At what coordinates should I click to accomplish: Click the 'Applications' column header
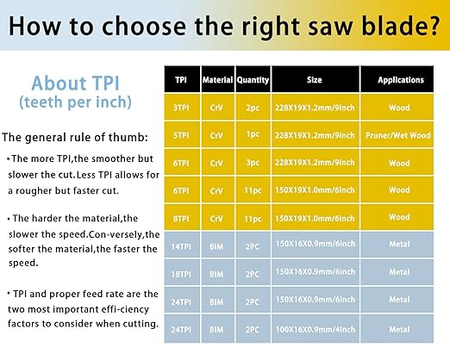pos(401,80)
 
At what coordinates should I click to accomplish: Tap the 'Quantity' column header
pos(253,80)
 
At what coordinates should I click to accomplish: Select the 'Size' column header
pos(314,79)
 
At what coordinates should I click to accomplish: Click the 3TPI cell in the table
pos(181,108)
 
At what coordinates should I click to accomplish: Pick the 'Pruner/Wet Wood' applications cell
pos(398,135)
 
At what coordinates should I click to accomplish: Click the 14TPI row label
pos(181,246)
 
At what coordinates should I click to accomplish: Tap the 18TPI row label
pos(181,274)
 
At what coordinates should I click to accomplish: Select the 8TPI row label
pos(181,219)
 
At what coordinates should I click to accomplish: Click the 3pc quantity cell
pos(253,163)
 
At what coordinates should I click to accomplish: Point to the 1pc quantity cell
pos(253,134)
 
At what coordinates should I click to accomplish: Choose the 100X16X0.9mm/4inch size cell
pos(316,329)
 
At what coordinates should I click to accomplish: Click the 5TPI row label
pos(181,135)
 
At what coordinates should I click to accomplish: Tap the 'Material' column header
pos(217,79)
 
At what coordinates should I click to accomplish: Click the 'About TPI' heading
pos(75,83)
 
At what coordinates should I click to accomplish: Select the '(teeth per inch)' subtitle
pos(75,102)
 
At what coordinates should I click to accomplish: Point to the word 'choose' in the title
pos(144,26)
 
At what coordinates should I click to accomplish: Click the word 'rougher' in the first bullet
pos(34,191)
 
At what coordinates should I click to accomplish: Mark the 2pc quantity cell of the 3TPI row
pos(253,108)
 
